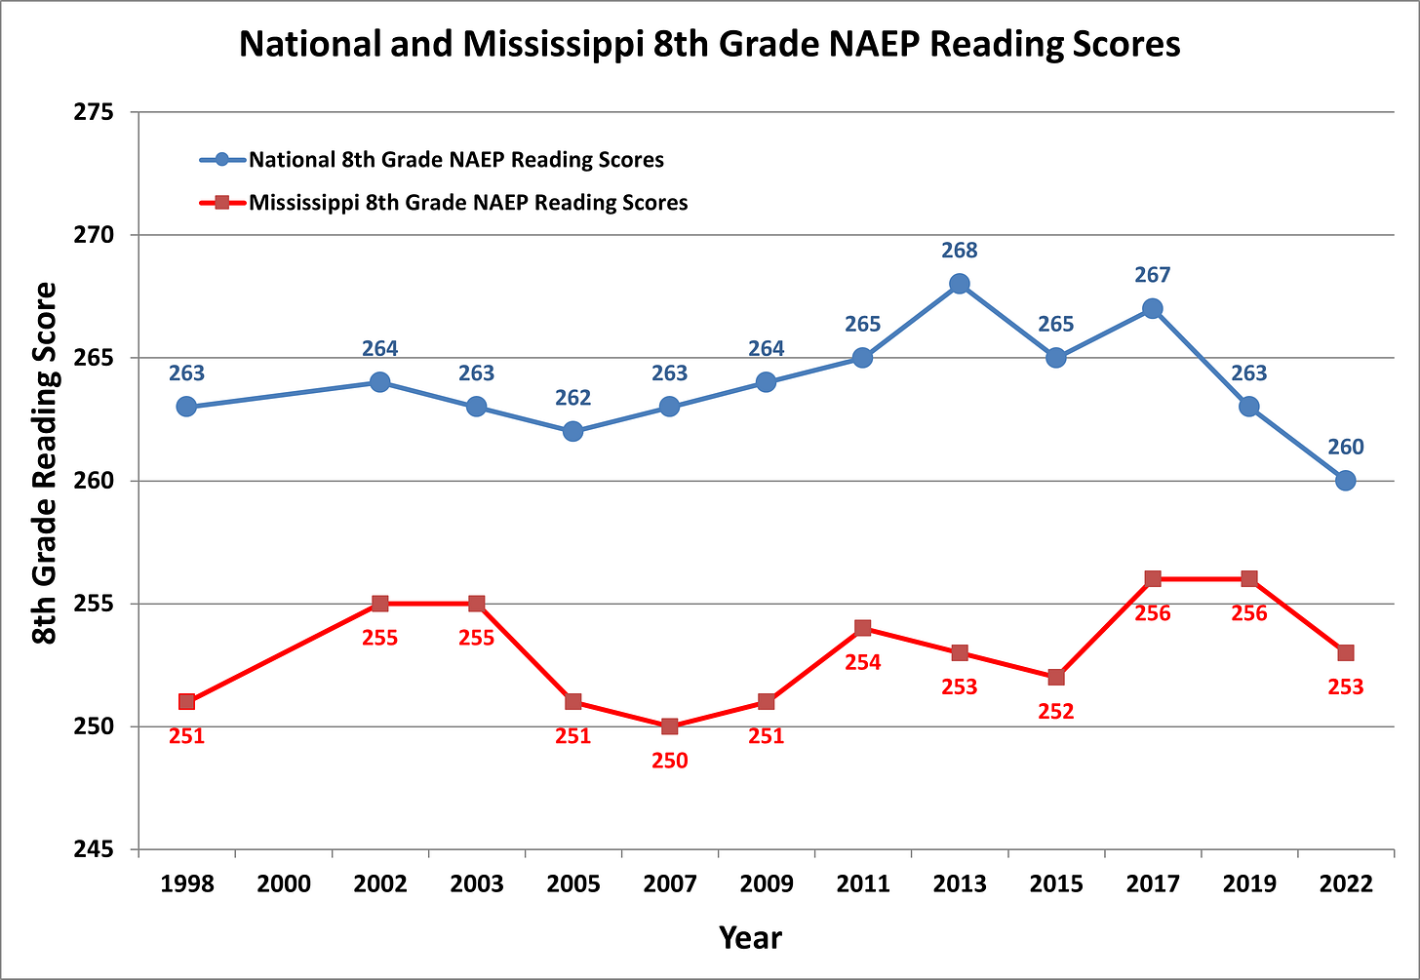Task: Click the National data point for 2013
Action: [959, 284]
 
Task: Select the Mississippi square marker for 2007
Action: [669, 726]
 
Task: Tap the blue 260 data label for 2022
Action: [1345, 448]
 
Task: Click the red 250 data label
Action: [669, 761]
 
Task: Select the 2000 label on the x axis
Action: [283, 884]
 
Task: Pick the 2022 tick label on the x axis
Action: [1345, 884]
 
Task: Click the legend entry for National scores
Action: [455, 160]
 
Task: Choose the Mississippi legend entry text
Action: [468, 203]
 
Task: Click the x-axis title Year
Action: [750, 938]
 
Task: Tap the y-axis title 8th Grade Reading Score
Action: [45, 463]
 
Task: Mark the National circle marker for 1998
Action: [186, 407]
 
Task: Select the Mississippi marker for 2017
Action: [1152, 579]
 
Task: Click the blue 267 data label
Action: [1152, 276]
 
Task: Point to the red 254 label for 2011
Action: [862, 663]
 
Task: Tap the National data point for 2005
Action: [572, 431]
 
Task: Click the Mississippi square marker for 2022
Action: [1345, 652]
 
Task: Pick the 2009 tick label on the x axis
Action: [766, 884]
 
